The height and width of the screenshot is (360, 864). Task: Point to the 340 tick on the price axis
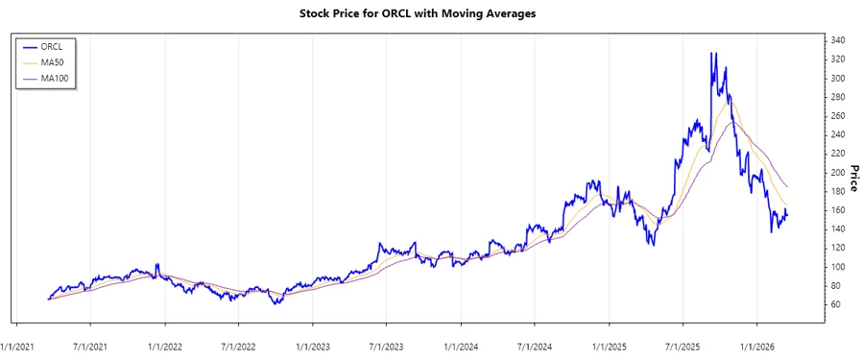[838, 40]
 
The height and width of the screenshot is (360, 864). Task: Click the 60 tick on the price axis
[835, 304]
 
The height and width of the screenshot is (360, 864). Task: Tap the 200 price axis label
[838, 172]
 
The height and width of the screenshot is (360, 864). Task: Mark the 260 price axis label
[838, 115]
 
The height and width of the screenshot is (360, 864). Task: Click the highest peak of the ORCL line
[711, 53]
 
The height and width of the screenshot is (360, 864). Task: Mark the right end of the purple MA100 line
[787, 186]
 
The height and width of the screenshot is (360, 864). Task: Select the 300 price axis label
[838, 78]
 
